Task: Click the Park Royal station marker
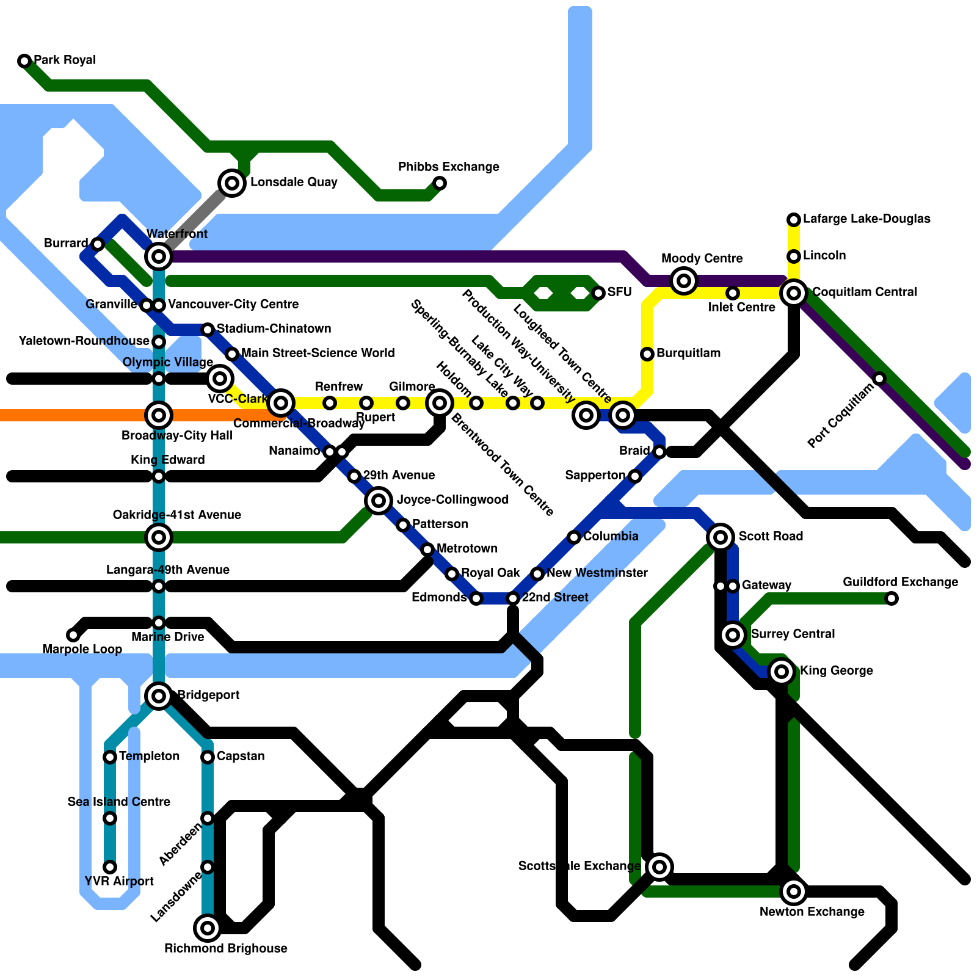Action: (24, 61)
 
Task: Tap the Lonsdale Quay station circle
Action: (232, 183)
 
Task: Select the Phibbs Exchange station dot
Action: (440, 183)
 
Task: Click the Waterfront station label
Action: (177, 234)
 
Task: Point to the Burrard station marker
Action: (98, 244)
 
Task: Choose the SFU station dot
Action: (598, 293)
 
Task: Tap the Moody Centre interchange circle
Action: (684, 281)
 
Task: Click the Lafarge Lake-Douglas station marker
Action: (794, 220)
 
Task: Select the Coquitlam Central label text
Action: (865, 292)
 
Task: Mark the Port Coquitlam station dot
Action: (879, 379)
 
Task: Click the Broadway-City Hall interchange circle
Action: (159, 415)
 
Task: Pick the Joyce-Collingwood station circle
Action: (379, 501)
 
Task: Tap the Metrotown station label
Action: (467, 549)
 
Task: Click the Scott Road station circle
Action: (721, 537)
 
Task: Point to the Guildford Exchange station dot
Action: (892, 598)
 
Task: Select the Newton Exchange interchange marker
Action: (794, 892)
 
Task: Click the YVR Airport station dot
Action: (110, 867)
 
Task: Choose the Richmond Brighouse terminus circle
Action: (208, 928)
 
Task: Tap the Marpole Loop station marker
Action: (73, 635)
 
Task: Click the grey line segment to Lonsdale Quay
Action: (195, 220)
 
